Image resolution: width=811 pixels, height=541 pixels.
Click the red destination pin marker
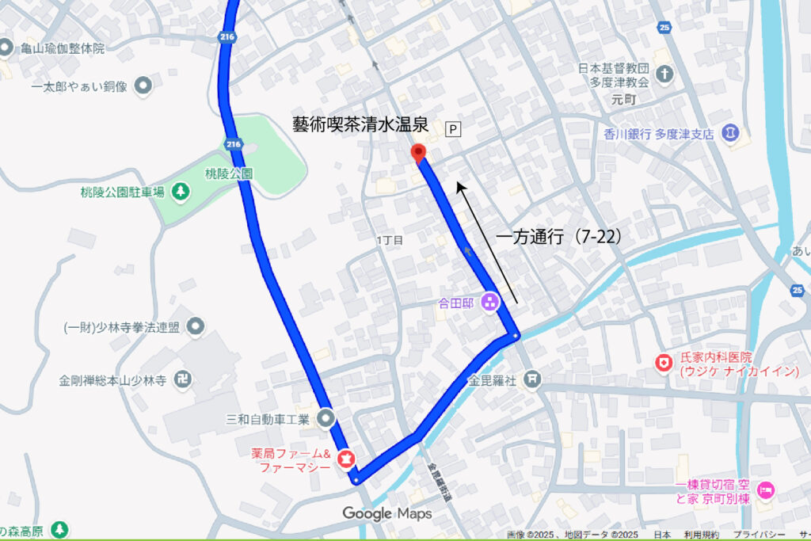tap(418, 152)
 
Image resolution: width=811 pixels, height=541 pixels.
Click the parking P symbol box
tap(454, 128)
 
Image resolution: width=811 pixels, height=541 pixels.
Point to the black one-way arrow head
tap(459, 185)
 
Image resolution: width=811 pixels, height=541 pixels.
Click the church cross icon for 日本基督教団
tap(666, 75)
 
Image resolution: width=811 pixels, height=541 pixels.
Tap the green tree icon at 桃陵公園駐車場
tap(181, 191)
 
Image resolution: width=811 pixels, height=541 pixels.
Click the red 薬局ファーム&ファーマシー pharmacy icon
tap(346, 458)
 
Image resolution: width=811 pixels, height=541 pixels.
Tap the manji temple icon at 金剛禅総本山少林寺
tap(184, 380)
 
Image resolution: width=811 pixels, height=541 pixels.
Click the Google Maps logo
tap(387, 513)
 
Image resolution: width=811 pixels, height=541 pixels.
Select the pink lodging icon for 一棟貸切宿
tap(765, 490)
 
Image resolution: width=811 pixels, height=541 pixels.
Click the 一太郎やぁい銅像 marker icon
tap(143, 85)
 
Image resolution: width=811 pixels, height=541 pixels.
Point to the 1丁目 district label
tap(390, 239)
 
